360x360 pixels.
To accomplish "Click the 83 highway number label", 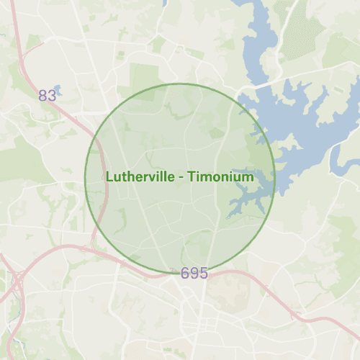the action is click(48, 96).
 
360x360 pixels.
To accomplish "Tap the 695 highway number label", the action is click(194, 274).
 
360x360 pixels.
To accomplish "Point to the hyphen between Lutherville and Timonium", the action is click(179, 177).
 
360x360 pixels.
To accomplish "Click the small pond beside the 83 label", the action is click(57, 90).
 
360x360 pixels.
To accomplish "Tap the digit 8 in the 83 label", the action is click(43, 96).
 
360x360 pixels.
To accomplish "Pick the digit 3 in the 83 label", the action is click(52, 96).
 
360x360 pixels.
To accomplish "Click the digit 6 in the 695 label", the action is click(185, 274).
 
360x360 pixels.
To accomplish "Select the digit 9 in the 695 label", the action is click(194, 274).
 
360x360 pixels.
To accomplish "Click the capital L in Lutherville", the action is click(109, 176).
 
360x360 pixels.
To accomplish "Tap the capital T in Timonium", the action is click(191, 176).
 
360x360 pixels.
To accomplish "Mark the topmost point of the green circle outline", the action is click(180, 84).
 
